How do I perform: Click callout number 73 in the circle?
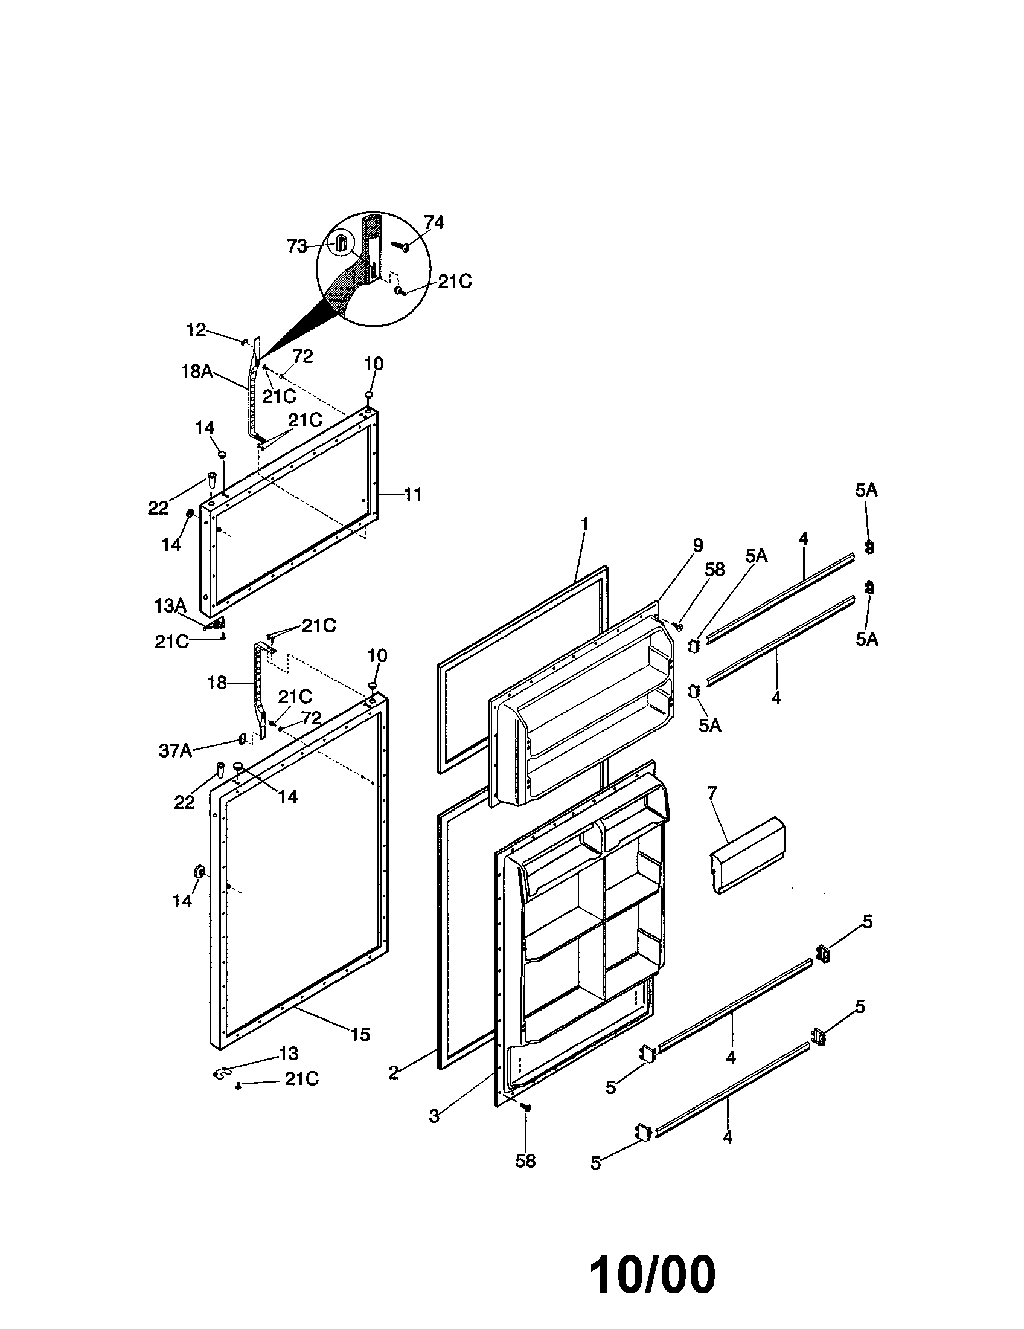296,246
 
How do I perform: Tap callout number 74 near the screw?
434,223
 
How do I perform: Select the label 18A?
197,370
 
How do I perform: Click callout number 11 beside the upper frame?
413,495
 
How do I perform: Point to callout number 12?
196,330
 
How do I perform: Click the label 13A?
170,605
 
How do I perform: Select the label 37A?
175,751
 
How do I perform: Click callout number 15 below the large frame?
360,1034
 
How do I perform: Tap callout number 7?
712,793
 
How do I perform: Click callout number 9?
697,545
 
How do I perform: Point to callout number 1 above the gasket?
584,524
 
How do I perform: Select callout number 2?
394,1072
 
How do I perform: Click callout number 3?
434,1116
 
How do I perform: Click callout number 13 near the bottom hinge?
289,1054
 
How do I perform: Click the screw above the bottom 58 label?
526,1109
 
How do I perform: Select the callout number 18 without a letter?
217,683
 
